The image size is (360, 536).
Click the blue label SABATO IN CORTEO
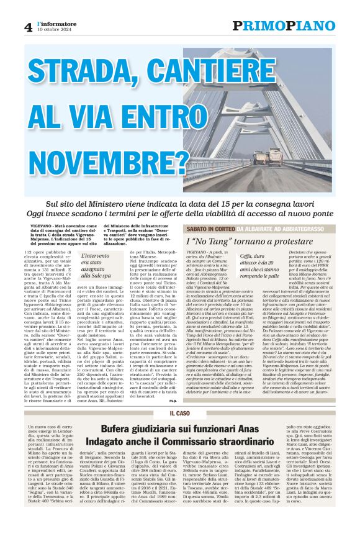[210, 229]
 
